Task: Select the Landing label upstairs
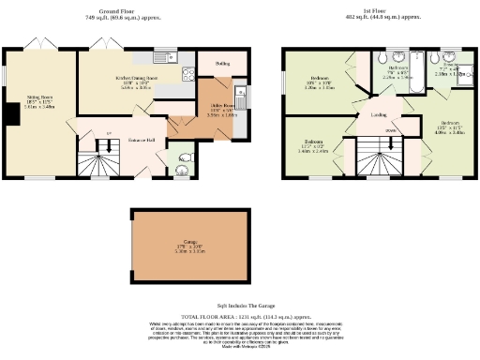tap(379, 115)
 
